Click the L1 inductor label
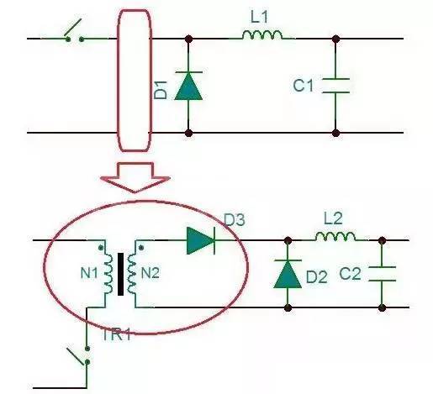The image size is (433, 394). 259,17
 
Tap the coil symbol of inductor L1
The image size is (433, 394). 262,34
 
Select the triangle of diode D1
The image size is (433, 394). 188,86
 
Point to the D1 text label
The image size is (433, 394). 161,90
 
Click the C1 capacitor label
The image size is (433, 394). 303,86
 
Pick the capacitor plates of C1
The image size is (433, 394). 335,86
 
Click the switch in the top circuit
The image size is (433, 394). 74,32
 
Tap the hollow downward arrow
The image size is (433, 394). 135,177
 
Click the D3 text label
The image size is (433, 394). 235,220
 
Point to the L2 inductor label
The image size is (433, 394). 333,218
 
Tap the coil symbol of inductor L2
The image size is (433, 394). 335,237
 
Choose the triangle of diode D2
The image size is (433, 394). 288,274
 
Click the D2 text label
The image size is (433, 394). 317,277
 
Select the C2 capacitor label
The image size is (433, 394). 350,274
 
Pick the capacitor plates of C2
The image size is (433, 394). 382,274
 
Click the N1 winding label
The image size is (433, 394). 89,273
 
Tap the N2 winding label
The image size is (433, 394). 150,273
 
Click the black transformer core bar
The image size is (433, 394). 120,274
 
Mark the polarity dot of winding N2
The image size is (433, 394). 141,248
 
